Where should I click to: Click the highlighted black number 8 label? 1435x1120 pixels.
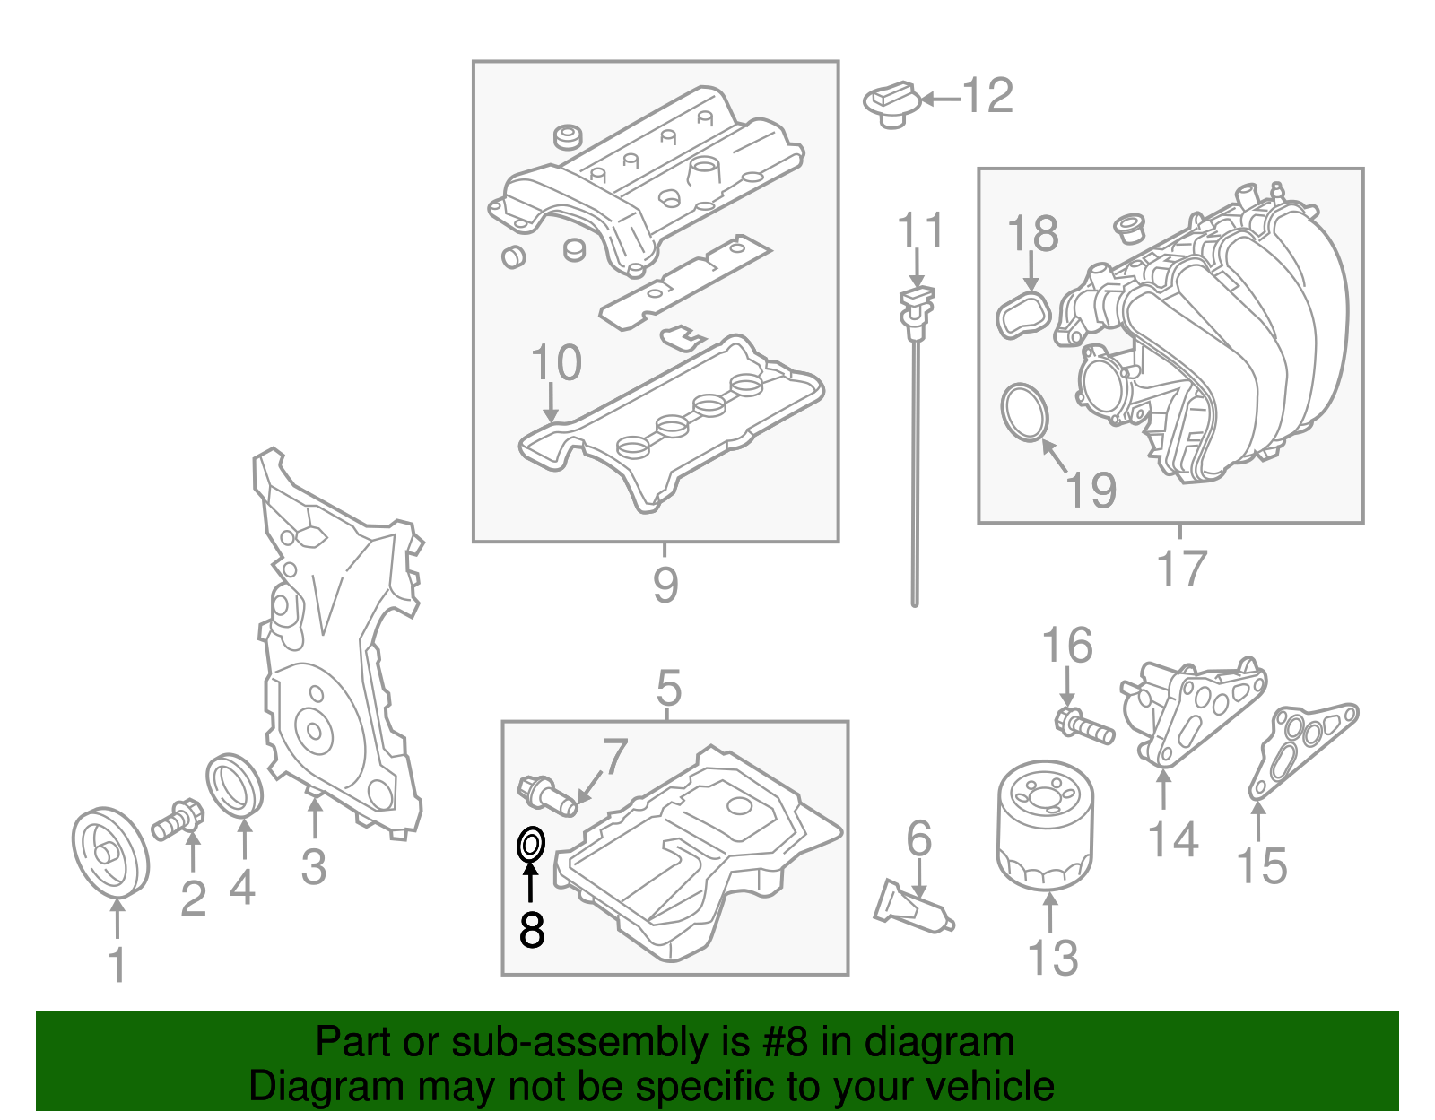[x=532, y=929]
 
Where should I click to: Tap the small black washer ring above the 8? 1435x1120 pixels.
[x=531, y=844]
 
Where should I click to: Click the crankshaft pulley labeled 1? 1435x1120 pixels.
[x=109, y=851]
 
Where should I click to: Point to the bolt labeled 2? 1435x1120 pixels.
[x=179, y=818]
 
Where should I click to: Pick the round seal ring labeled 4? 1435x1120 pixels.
[x=235, y=786]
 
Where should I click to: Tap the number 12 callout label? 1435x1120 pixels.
[x=987, y=96]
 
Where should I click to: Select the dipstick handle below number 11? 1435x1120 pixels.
[x=916, y=305]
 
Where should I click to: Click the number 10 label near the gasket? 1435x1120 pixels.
[x=556, y=363]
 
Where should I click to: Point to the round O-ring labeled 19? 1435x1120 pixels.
[x=1025, y=412]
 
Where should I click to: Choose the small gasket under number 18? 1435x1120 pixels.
[x=1023, y=315]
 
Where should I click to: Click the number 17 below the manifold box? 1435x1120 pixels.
[x=1181, y=569]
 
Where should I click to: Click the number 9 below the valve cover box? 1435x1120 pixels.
[x=665, y=585]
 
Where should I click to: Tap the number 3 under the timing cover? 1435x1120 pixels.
[x=313, y=866]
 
